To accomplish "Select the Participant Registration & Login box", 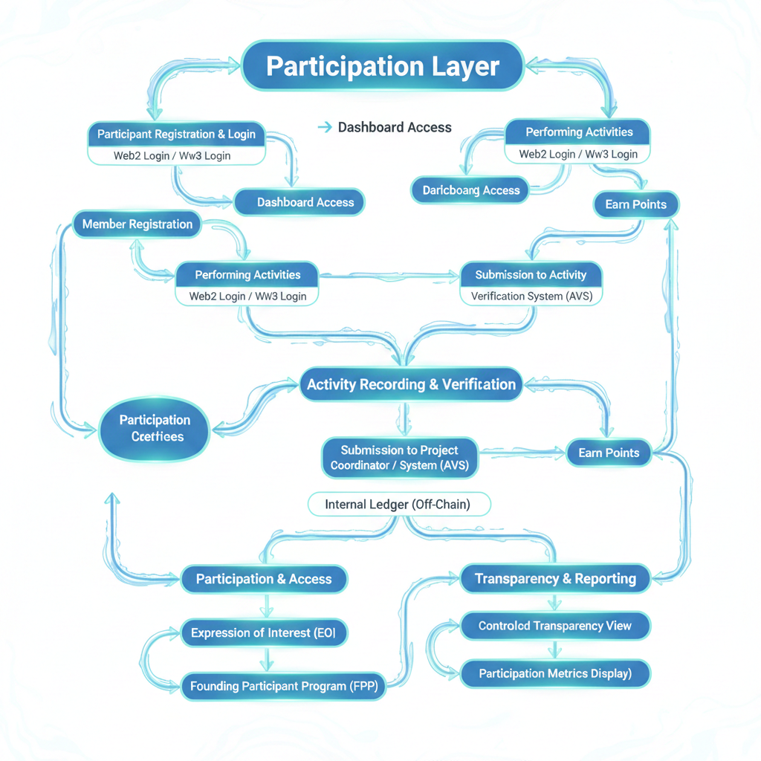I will coord(176,135).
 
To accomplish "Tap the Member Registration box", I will coord(137,224).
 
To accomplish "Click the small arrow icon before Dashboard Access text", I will coord(324,128).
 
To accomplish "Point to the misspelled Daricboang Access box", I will coord(470,190).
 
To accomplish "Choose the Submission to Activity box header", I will coord(531,275).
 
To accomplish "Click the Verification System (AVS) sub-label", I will coord(531,296).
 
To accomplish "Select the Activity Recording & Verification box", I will coord(411,384).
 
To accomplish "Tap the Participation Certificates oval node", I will coord(155,429).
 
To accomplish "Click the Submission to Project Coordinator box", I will coord(399,458).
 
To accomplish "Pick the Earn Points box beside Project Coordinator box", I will coord(609,453).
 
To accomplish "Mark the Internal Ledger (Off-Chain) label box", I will coord(398,505).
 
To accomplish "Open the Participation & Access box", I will coord(264,579).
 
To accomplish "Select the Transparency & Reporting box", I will coord(555,579).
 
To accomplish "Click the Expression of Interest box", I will coord(264,633).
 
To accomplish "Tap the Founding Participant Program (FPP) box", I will coord(283,687).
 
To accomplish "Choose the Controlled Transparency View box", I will coord(554,626).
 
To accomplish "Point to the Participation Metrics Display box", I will coord(554,674).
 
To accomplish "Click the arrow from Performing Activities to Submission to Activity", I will coord(390,276).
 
